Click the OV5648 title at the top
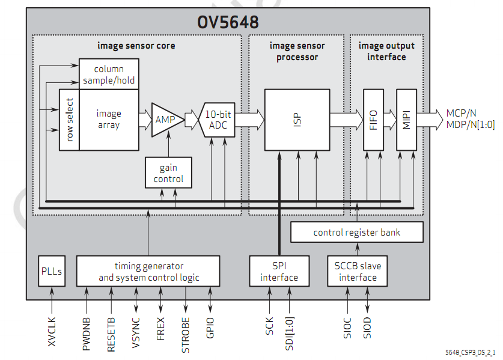click(x=228, y=22)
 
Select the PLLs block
click(x=52, y=272)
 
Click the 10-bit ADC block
click(x=218, y=119)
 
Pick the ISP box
click(x=297, y=120)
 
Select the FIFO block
click(x=373, y=119)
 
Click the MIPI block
click(x=406, y=119)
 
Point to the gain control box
click(x=168, y=173)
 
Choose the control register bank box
click(x=357, y=233)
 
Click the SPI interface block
click(x=279, y=272)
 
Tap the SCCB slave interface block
click(x=358, y=272)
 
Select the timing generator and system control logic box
click(x=148, y=272)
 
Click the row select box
click(x=69, y=120)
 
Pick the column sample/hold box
click(x=109, y=75)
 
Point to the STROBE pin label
click(x=186, y=334)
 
